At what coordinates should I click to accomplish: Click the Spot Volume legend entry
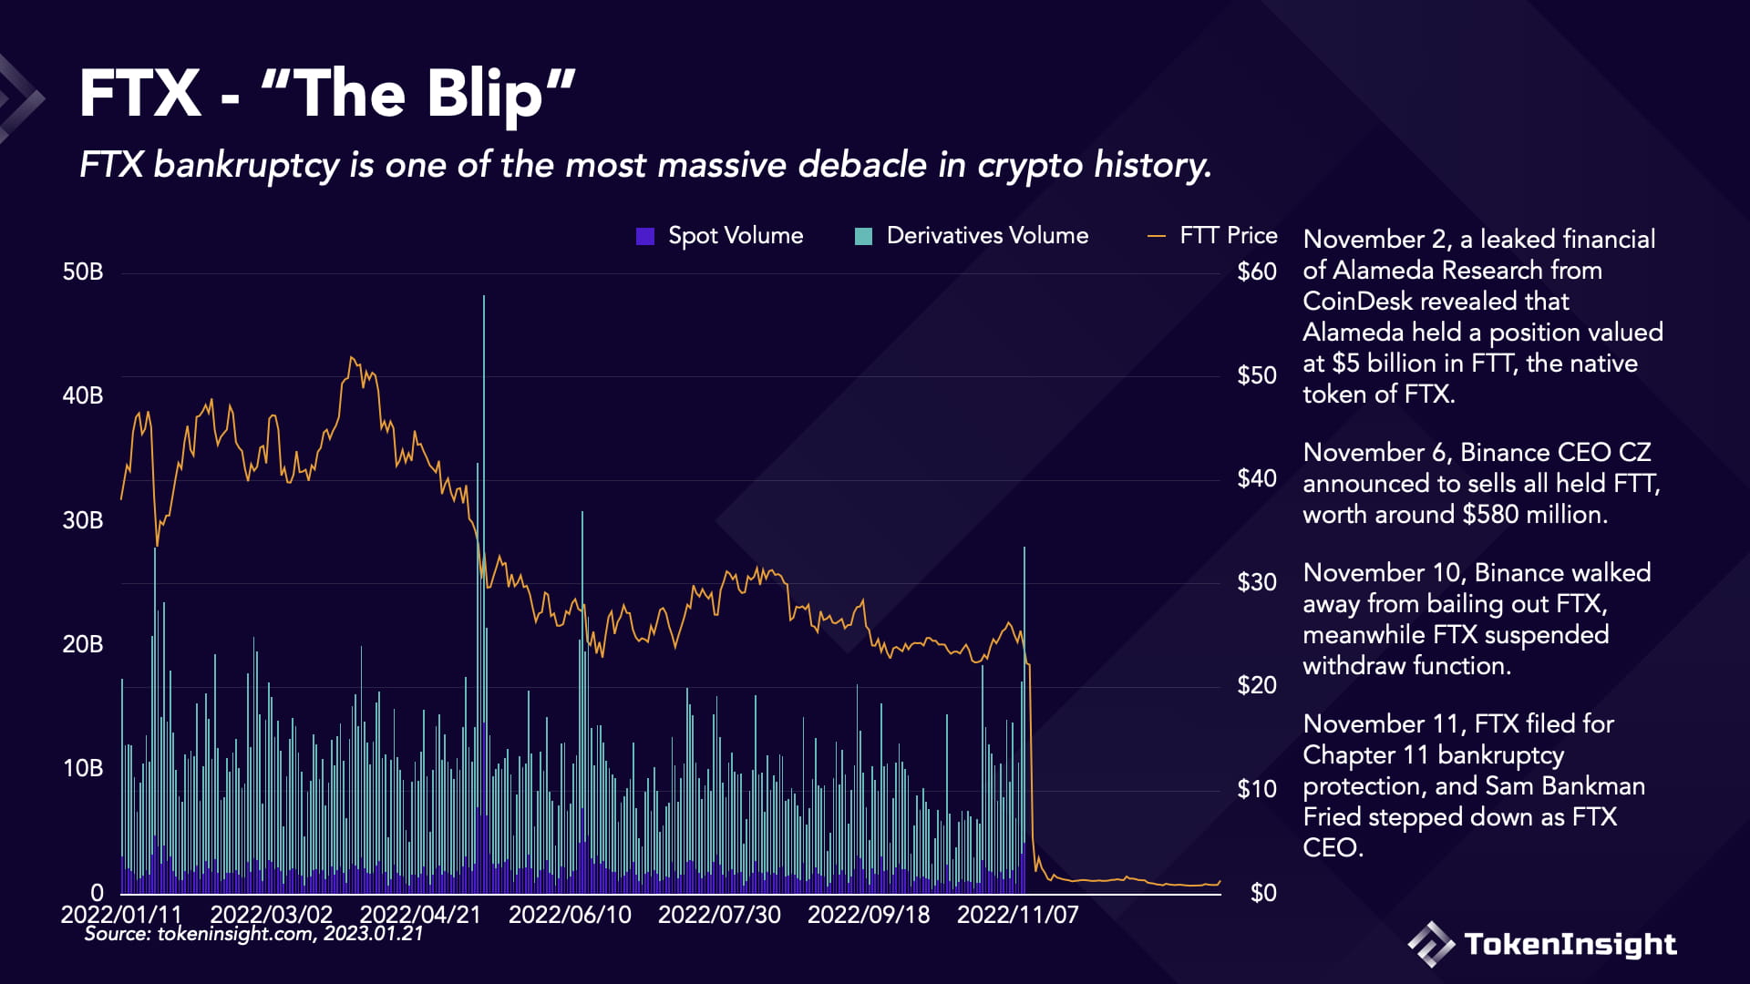click(720, 236)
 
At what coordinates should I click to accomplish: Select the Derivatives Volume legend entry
click(972, 236)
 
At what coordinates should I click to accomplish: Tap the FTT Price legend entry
click(1212, 236)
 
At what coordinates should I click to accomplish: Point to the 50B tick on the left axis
click(83, 272)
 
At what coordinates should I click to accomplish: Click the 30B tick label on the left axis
click(83, 520)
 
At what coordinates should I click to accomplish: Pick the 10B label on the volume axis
click(83, 768)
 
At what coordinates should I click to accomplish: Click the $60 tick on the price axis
click(1256, 272)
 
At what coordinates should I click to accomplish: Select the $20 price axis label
click(1256, 685)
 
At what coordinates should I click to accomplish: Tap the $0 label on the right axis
click(1262, 893)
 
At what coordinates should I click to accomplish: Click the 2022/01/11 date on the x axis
click(121, 914)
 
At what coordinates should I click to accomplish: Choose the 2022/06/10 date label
click(570, 914)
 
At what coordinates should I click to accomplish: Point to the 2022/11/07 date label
click(1017, 914)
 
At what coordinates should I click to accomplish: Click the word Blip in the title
click(485, 95)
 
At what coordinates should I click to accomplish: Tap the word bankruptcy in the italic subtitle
click(246, 165)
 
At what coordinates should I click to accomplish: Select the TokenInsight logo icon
click(1431, 944)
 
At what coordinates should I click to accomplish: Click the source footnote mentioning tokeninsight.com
click(253, 934)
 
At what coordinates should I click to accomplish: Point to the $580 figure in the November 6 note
click(1489, 515)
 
